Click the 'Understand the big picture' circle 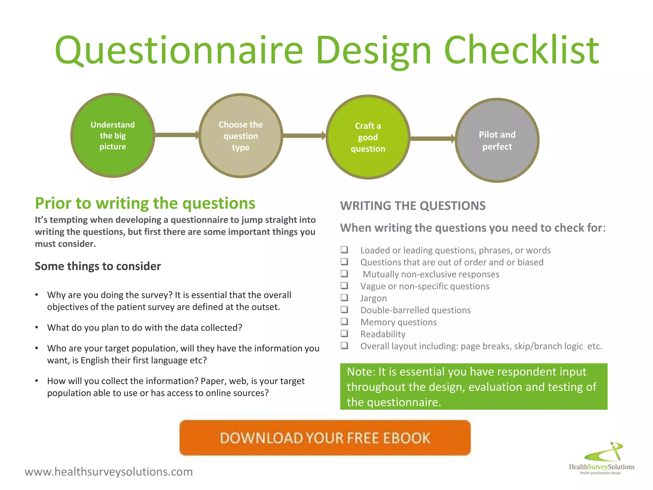[113, 136]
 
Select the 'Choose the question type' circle [241, 136]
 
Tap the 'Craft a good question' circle [368, 137]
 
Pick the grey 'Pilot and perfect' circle [497, 140]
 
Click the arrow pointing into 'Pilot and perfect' [432, 138]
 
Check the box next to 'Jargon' [344, 298]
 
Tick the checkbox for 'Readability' [344, 334]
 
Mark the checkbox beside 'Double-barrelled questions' [344, 309]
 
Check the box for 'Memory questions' [344, 322]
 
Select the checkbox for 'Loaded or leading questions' [344, 249]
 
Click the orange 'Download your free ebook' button [325, 438]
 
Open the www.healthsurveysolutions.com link [109, 471]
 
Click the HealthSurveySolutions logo [602, 460]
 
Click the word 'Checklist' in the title [521, 50]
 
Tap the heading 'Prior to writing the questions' [145, 203]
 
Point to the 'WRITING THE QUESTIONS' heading [413, 206]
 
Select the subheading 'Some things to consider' [98, 266]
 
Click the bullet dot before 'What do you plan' [37, 328]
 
